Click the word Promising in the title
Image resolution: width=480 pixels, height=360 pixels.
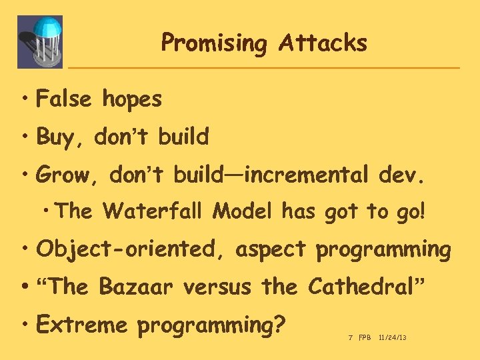pos(213,43)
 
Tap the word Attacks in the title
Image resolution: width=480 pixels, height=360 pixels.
pos(323,43)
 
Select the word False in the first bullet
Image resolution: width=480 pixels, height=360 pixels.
pos(64,99)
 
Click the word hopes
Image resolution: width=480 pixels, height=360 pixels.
pos(132,100)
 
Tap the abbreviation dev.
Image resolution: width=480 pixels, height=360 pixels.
pos(399,175)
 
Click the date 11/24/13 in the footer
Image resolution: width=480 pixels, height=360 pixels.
pos(392,339)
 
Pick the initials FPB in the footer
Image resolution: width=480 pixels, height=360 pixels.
pos(365,339)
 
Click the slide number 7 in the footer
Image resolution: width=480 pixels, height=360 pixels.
pos(350,339)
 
